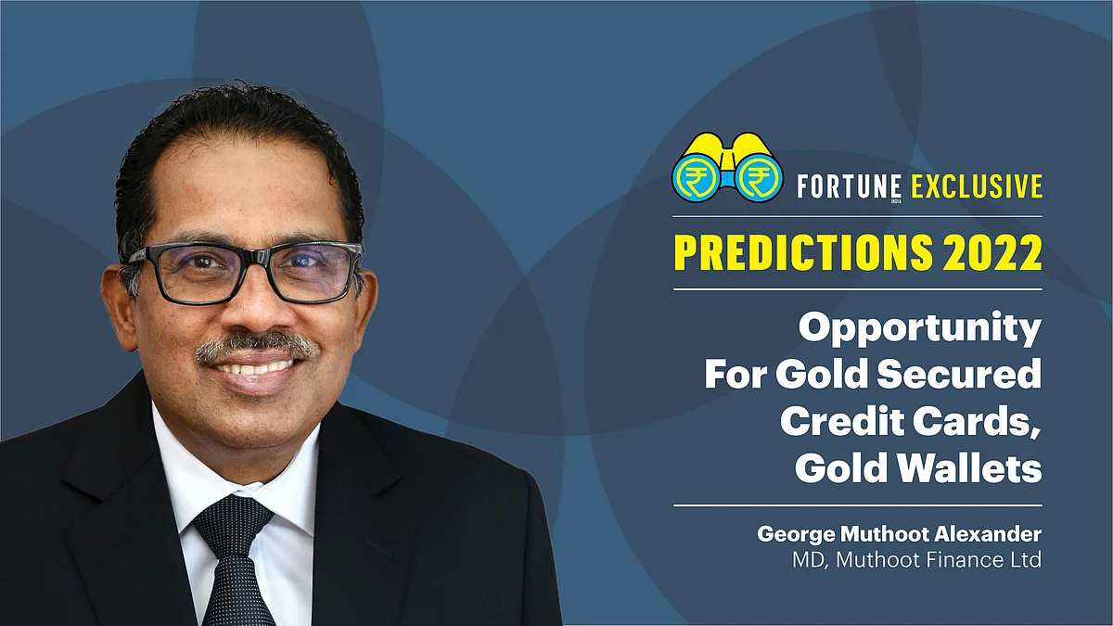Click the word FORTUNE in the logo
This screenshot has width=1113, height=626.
(849, 186)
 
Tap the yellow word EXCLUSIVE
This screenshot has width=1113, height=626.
(976, 186)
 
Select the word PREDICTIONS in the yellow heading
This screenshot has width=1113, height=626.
(802, 252)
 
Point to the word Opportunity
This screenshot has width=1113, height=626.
(920, 330)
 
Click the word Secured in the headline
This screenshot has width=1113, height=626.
(959, 374)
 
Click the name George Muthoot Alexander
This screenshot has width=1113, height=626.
(900, 534)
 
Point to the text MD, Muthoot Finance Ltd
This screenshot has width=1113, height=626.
(916, 560)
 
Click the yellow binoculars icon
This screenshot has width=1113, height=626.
(728, 168)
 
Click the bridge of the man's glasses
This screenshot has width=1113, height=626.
(261, 259)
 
